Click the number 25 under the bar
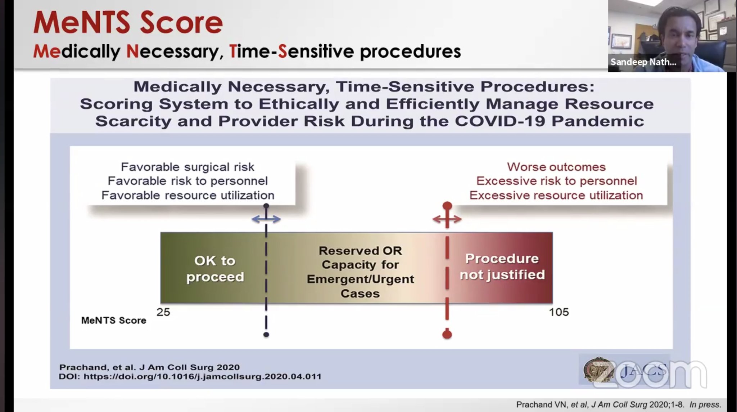(x=163, y=312)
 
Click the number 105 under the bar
(x=559, y=312)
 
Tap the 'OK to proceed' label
(x=215, y=269)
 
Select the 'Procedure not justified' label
(x=502, y=267)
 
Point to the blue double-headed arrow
(x=266, y=219)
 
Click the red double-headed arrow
(x=447, y=219)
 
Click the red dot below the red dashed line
(x=447, y=334)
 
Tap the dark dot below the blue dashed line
(x=266, y=335)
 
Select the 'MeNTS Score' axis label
(x=114, y=321)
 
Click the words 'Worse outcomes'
(x=556, y=167)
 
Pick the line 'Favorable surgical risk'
(x=187, y=167)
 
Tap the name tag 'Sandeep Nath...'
(x=643, y=62)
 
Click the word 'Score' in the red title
(x=181, y=23)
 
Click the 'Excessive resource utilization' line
(x=556, y=195)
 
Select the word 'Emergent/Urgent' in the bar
(x=360, y=279)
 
